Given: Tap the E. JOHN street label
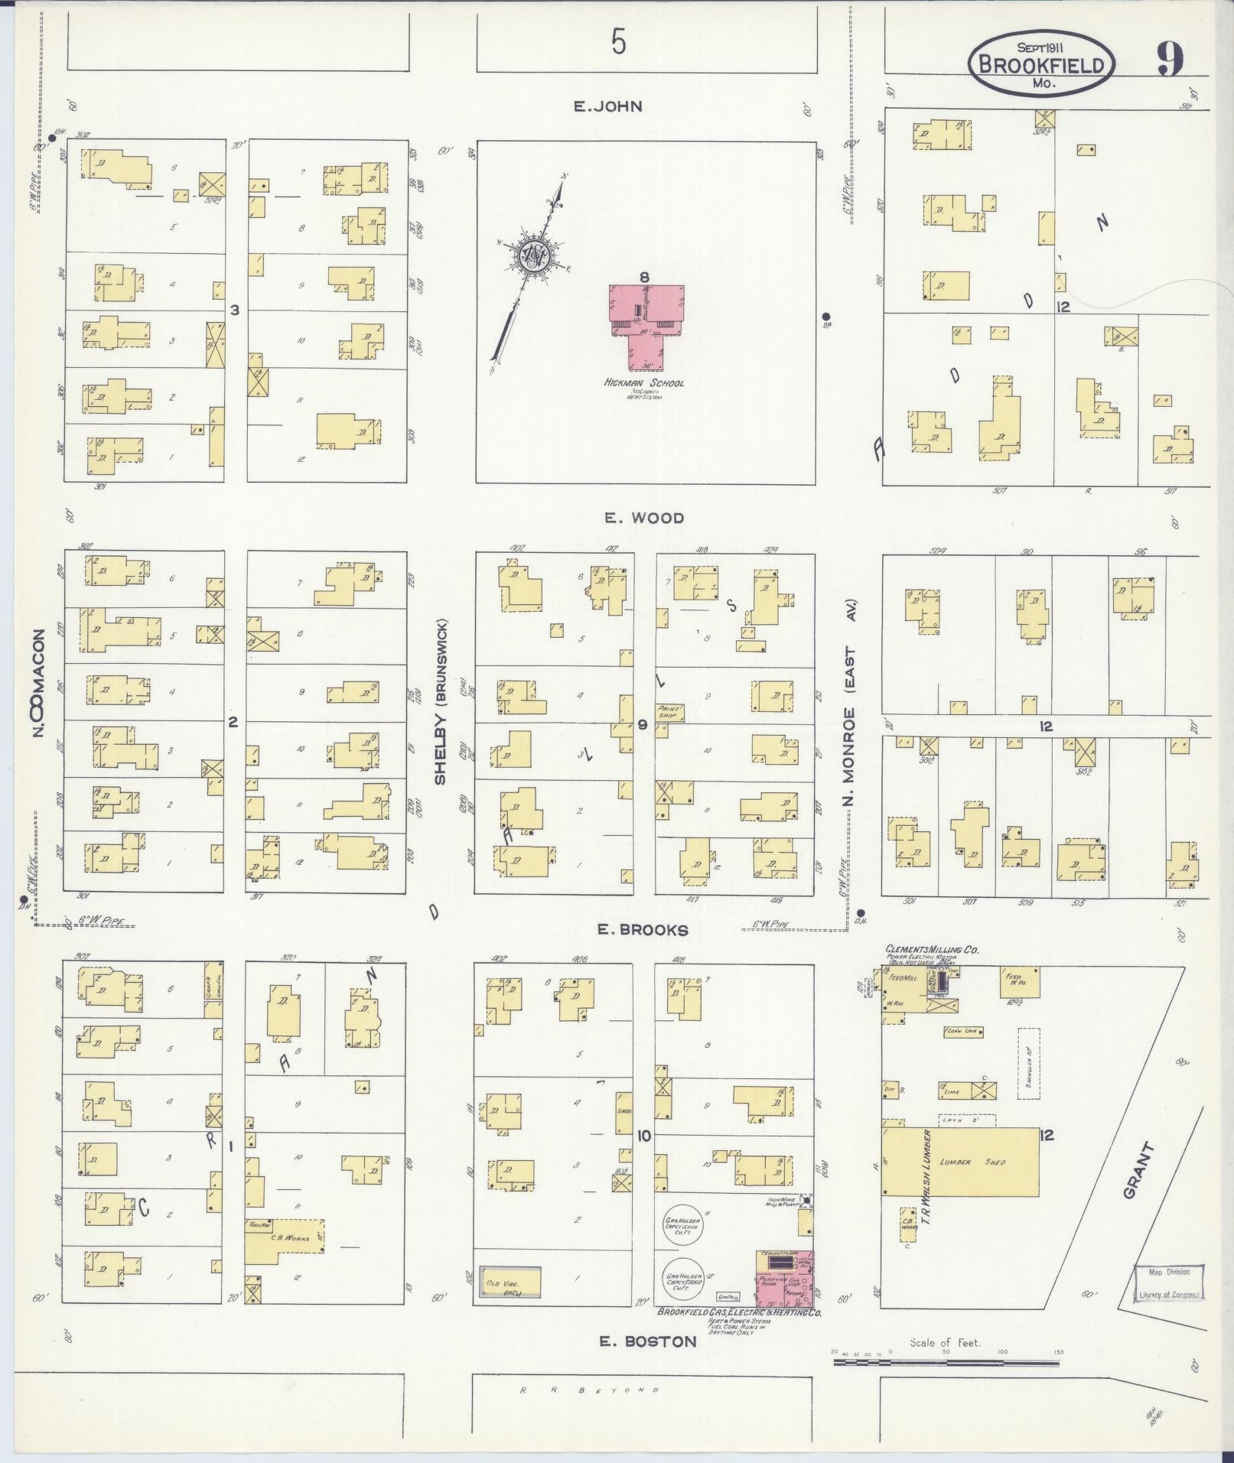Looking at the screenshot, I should point(608,107).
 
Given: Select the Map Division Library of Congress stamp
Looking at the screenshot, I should point(1168,1283).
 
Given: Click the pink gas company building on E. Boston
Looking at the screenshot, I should point(784,1279).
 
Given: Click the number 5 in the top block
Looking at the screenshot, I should point(618,42).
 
